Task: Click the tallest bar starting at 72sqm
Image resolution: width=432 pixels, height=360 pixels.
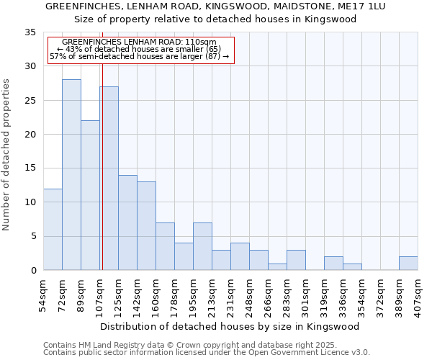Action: point(71,175)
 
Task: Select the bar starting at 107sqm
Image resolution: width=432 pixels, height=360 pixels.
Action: point(109,179)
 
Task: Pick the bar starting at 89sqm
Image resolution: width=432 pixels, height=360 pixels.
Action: point(90,195)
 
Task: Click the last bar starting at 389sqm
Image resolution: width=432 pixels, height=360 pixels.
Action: point(408,264)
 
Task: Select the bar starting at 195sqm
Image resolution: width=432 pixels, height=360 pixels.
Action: point(202,246)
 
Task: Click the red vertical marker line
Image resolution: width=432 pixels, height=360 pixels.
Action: point(102,166)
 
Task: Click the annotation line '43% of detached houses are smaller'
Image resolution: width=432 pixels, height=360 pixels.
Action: point(139,49)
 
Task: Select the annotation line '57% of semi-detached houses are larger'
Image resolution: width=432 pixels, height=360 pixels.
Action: point(139,56)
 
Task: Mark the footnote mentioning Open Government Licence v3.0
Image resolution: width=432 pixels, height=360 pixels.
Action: point(207,353)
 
